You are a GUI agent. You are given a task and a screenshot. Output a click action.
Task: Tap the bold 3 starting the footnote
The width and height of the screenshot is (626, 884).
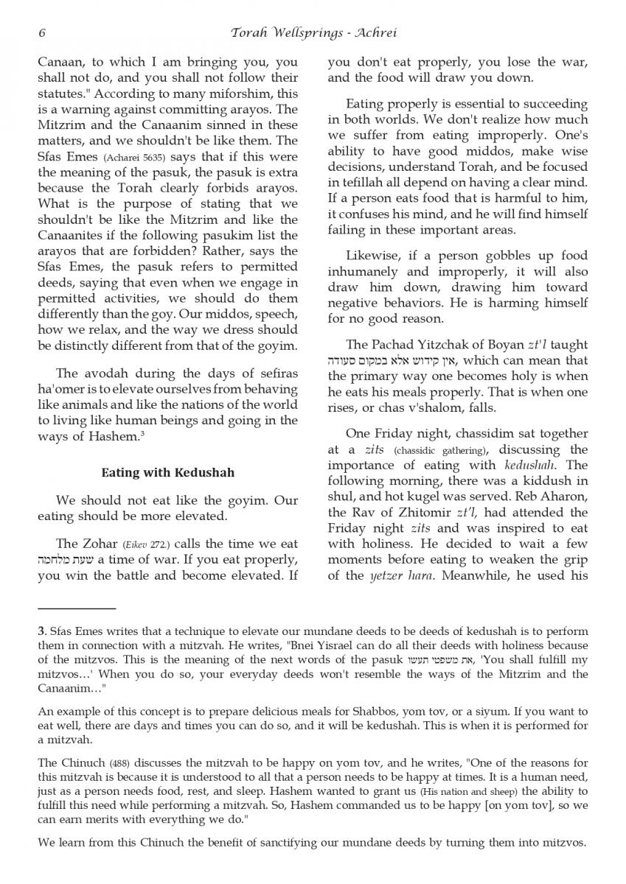tap(41, 631)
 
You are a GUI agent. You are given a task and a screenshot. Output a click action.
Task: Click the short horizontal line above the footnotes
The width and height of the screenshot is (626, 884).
tap(77, 609)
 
